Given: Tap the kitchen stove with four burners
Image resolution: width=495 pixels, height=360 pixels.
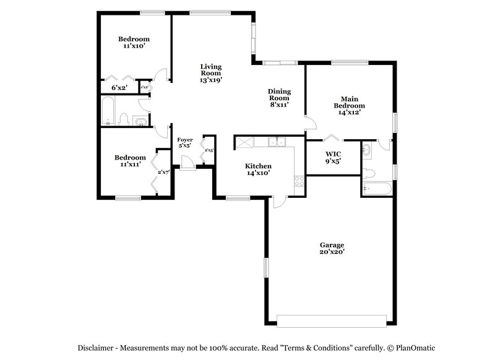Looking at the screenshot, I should click(x=299, y=181).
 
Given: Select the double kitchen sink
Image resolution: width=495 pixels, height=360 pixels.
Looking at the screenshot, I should click(x=277, y=142).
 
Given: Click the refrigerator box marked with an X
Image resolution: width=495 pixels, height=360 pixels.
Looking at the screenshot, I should click(x=244, y=143).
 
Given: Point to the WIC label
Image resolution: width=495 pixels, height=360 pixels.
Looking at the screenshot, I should click(x=333, y=153).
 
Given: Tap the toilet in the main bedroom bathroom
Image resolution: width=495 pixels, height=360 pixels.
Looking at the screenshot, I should click(x=369, y=174).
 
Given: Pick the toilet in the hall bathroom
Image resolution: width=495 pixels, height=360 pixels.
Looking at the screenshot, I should click(x=124, y=119).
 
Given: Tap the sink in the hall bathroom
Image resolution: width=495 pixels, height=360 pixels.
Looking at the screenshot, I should click(x=141, y=120).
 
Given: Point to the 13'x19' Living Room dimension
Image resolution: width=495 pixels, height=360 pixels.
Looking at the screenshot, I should click(x=210, y=79).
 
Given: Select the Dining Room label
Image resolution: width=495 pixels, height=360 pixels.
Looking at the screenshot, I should click(x=279, y=95).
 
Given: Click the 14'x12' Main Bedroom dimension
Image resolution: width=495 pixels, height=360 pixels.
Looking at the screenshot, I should click(x=349, y=112).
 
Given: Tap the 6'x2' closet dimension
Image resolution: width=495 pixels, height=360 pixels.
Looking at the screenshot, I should click(x=119, y=88).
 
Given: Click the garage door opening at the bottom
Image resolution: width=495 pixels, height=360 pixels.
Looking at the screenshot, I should click(x=332, y=320).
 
